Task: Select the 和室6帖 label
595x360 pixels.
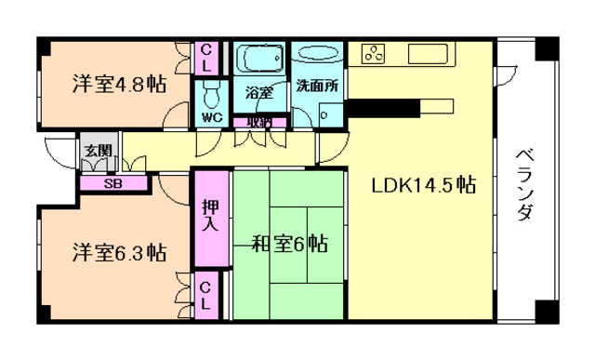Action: tap(289, 245)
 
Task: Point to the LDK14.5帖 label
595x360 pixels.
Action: tap(424, 185)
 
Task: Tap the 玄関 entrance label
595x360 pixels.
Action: tap(98, 150)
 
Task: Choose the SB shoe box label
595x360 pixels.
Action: tap(112, 183)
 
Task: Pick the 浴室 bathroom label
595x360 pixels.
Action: tap(258, 93)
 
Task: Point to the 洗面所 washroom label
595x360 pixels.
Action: tap(318, 85)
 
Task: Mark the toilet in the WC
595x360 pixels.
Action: tap(211, 95)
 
